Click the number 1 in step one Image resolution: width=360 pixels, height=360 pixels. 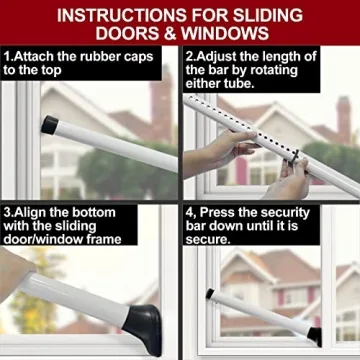[x=7, y=56]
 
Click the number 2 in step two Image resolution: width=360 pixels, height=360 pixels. [x=190, y=56]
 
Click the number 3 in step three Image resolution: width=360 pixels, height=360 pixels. [x=7, y=212]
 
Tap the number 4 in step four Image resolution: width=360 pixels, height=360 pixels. [x=190, y=212]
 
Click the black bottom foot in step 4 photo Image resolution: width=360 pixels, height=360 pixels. [x=315, y=335]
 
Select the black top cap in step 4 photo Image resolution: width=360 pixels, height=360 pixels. [x=209, y=294]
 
